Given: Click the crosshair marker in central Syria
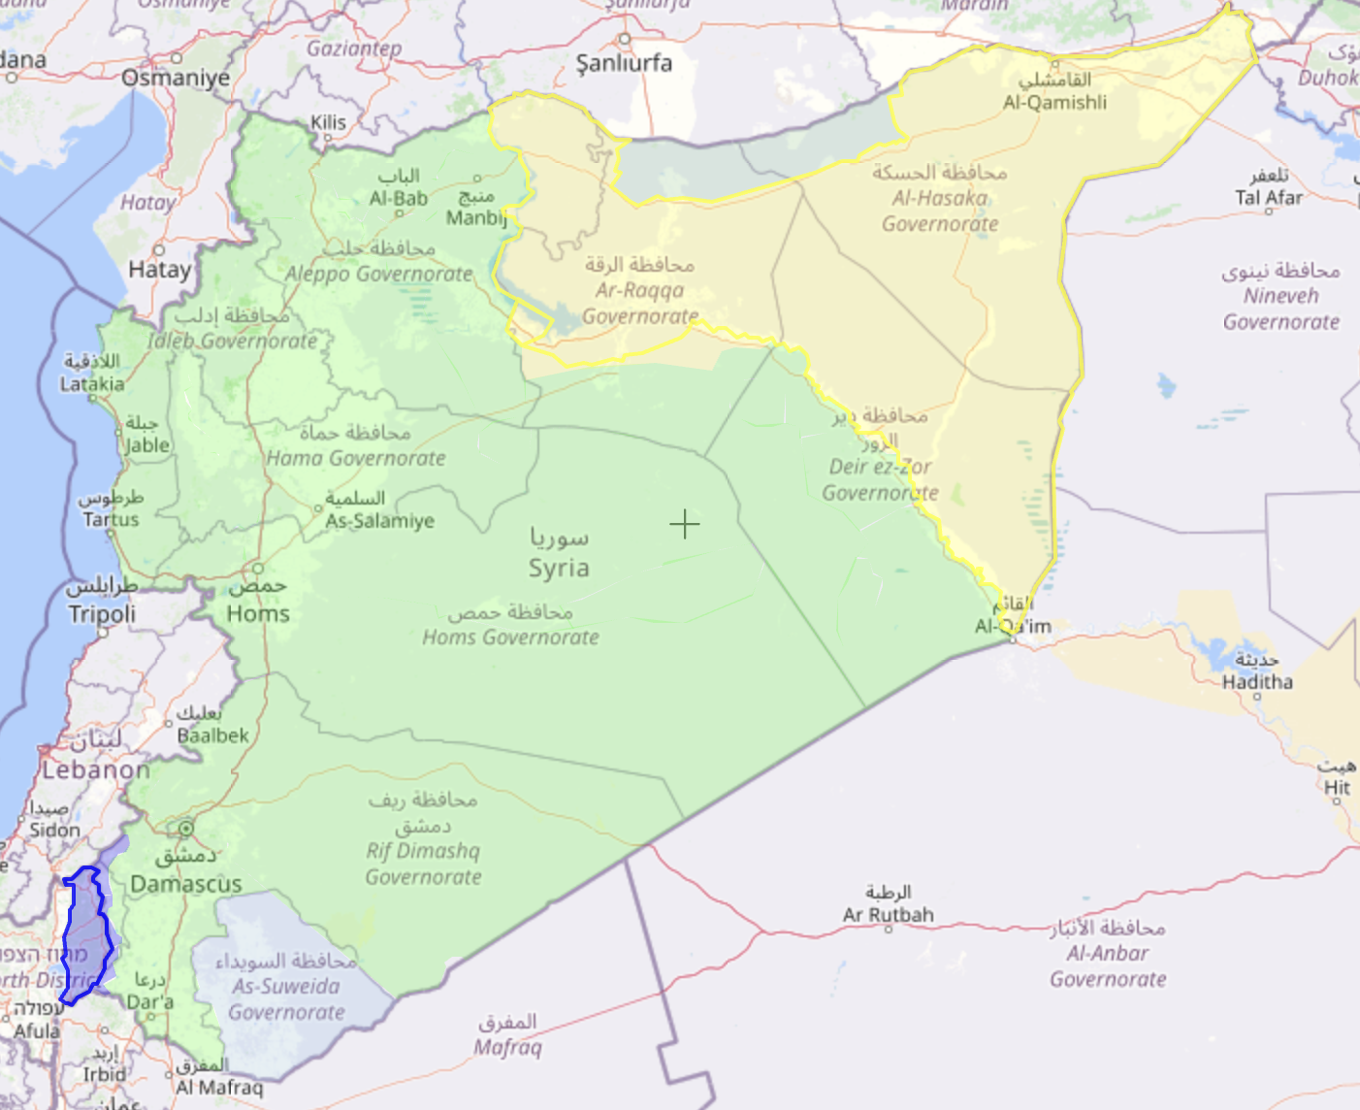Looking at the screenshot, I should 684,525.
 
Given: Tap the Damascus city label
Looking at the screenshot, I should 186,883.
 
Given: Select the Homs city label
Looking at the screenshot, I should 258,613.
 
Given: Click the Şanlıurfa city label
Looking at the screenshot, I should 624,63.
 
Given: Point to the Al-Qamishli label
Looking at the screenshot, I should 1054,102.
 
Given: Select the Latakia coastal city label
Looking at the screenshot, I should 92,384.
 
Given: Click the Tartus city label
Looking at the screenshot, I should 111,519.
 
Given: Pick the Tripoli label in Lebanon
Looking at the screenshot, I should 102,613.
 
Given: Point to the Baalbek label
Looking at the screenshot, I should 212,735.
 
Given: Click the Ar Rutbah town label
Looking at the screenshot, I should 888,914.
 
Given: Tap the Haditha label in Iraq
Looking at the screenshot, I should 1257,682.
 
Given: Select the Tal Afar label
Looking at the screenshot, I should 1269,198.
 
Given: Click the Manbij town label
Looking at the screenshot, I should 475,217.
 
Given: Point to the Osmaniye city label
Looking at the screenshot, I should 176,78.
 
